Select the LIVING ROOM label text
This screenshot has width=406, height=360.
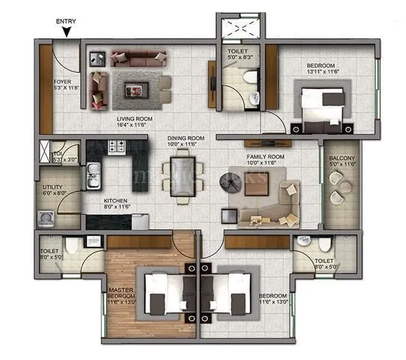(134, 119)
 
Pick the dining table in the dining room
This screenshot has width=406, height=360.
(182, 176)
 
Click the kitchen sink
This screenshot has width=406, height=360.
(92, 176)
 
